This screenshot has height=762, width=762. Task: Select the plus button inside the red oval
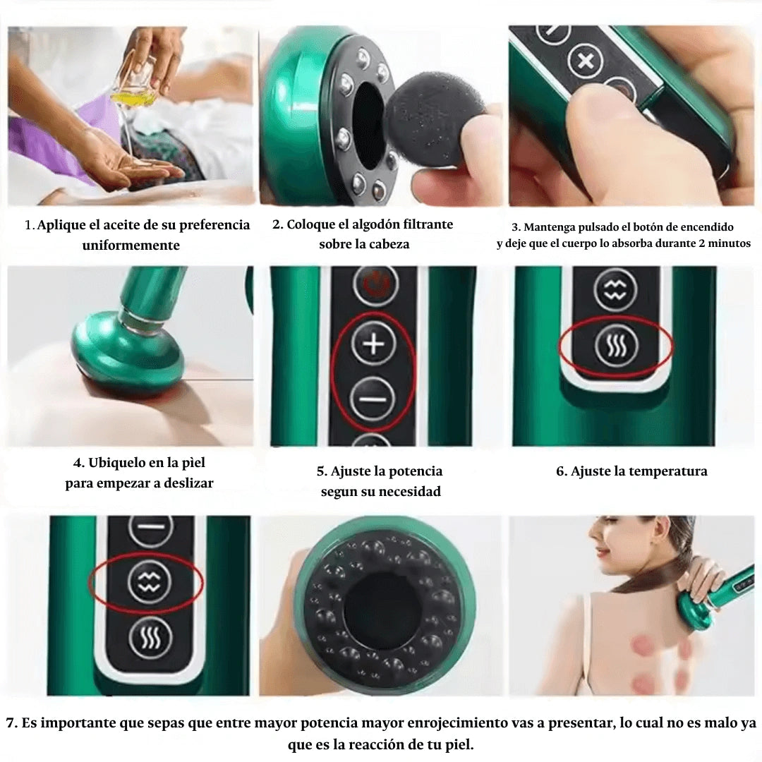click(373, 344)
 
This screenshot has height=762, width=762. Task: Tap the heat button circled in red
click(616, 345)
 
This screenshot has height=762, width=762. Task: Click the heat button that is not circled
click(150, 639)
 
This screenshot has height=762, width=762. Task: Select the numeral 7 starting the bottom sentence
click(10, 723)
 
